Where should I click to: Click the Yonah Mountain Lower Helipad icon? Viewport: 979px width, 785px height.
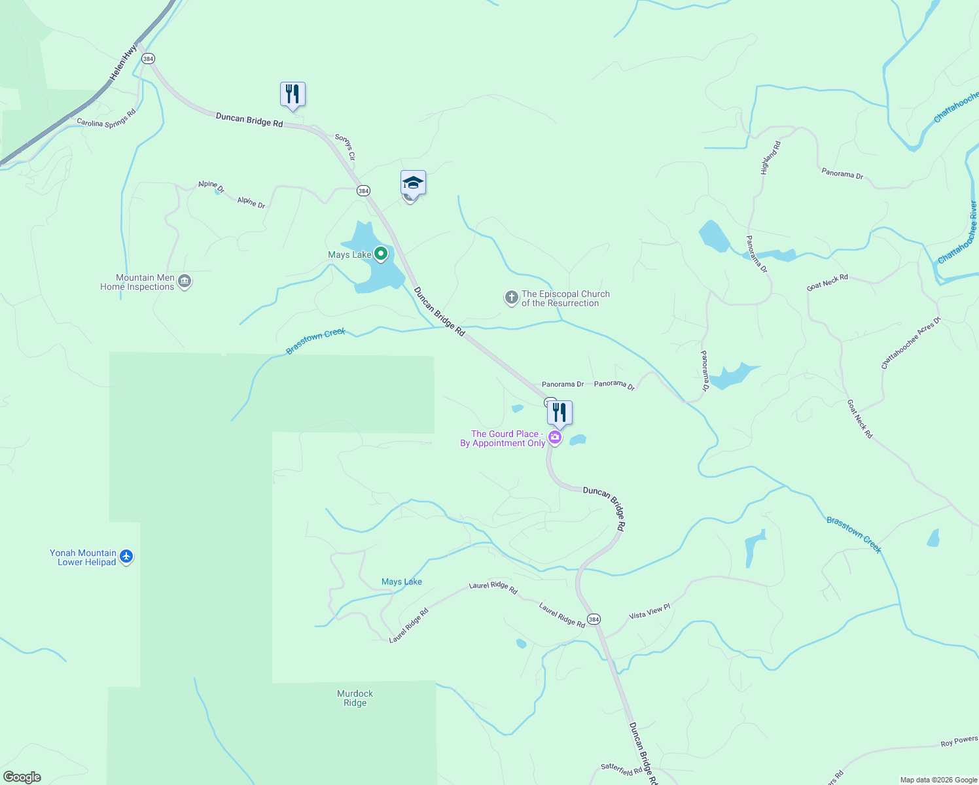pos(126,557)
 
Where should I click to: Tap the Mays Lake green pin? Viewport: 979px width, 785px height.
pos(381,254)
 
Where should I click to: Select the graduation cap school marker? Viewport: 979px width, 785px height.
pos(413,183)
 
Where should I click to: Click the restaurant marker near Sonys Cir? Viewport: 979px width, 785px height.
pos(293,94)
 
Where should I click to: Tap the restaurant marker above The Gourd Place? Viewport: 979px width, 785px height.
pos(560,413)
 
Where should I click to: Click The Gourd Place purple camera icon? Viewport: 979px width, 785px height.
pos(555,438)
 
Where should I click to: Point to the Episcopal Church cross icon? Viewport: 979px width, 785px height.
pos(511,298)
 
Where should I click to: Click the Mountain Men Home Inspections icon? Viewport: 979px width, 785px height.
pos(185,282)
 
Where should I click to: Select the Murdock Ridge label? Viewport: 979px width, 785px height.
pos(355,698)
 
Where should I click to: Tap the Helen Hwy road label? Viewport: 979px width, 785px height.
pos(124,63)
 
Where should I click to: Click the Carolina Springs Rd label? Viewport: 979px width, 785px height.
pos(106,118)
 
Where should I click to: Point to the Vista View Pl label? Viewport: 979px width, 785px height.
pos(650,612)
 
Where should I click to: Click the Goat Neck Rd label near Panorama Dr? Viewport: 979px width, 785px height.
pos(827,283)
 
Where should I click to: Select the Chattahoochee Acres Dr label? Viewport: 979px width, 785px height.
pos(910,343)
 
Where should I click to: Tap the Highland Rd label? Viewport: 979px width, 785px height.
pos(771,158)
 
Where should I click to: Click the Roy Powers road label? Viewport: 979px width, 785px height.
pos(959,741)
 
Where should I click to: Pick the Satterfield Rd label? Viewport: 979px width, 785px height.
pos(622,770)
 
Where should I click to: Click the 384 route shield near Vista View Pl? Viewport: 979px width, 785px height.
pos(594,619)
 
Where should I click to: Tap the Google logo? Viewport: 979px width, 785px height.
pos(22,777)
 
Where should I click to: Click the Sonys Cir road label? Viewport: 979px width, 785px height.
pos(345,147)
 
